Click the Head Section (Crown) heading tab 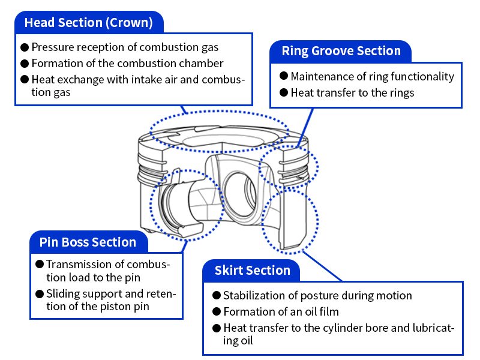click(x=88, y=23)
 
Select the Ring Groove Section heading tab click(x=341, y=51)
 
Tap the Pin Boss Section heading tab click(x=88, y=242)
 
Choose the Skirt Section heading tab click(x=252, y=271)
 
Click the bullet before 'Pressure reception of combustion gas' click(x=25, y=47)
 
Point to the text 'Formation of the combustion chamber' click(x=127, y=63)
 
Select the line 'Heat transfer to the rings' click(x=352, y=93)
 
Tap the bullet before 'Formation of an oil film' click(x=216, y=312)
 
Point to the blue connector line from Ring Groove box click(x=305, y=126)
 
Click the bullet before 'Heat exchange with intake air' click(x=25, y=79)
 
